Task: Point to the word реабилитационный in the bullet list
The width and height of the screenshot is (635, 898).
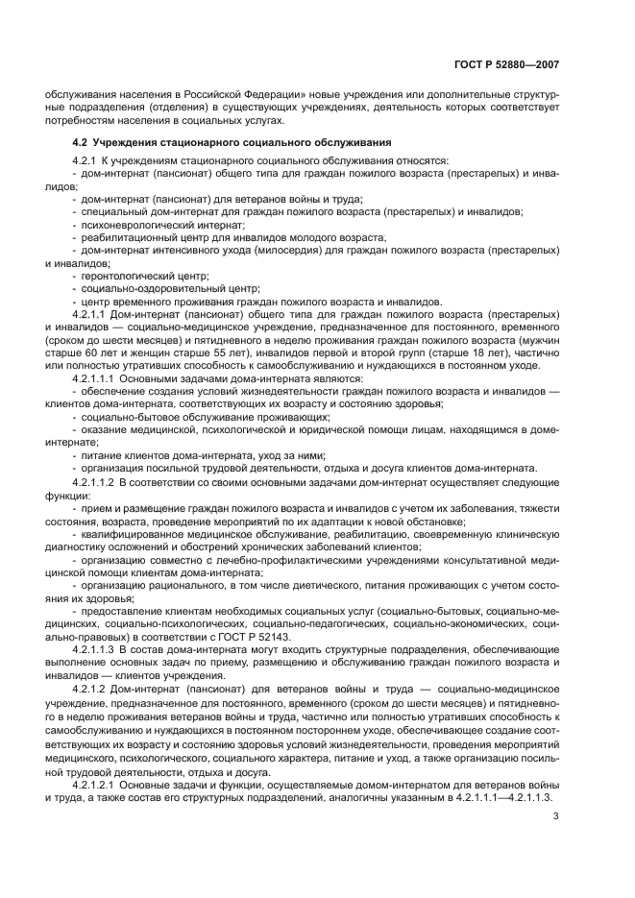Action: tap(126, 236)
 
